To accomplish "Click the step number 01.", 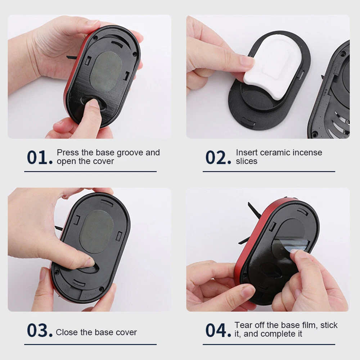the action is pos(40,158).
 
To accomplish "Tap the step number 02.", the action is pos(218,158).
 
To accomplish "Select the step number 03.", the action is pos(40,330).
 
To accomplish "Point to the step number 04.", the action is pos(218,330).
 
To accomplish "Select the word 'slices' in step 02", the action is pos(247,161).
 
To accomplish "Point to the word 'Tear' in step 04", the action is pos(243,325).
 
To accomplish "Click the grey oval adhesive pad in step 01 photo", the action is pos(106,71).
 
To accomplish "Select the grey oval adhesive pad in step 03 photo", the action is pos(97,232).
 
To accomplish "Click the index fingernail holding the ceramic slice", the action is pos(247,61).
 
